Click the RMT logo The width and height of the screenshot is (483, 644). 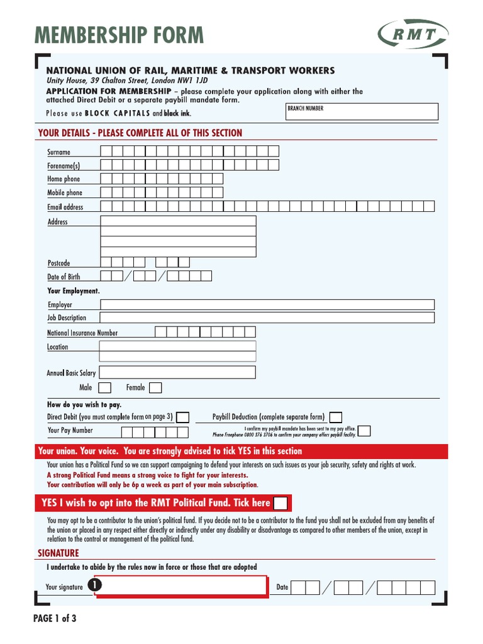pos(413,34)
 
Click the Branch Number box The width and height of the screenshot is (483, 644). pos(362,112)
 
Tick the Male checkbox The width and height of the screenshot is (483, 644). pos(105,387)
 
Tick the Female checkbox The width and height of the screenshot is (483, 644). pos(155,387)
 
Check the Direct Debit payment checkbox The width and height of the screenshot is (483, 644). pos(182,417)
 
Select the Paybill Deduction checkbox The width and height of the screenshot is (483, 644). pos(336,417)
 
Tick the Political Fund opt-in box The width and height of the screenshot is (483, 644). pos(282,503)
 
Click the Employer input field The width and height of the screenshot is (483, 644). pos(267,304)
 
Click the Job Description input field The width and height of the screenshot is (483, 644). pos(267,318)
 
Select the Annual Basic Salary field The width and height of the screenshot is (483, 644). pos(177,372)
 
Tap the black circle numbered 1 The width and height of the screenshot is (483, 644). pos(95,586)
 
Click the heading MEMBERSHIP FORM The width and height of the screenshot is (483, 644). pos(119,35)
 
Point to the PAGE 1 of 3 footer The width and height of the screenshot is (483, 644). pos(55,618)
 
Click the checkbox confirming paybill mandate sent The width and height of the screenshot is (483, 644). pos(364,431)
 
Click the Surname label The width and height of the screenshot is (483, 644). pos(59,152)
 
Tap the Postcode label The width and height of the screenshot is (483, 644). pos(59,263)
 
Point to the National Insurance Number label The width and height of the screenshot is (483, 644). pos(82,333)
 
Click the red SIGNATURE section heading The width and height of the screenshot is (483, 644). pos(58,553)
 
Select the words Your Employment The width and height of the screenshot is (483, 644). pos(74,291)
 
